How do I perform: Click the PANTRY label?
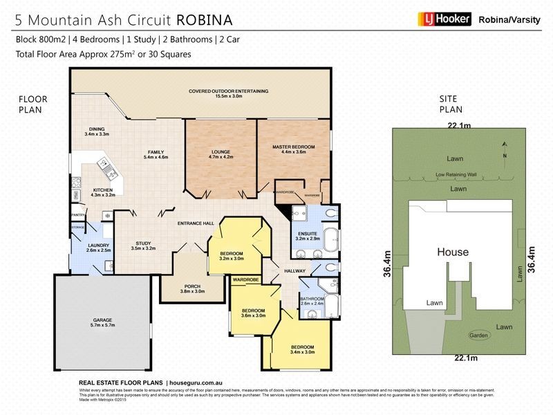click(77, 216)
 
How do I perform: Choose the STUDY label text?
click(143, 242)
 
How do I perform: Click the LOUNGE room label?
click(221, 151)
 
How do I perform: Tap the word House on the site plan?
click(451, 252)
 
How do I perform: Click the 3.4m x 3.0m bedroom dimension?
click(303, 352)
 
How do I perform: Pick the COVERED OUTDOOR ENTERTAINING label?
click(228, 91)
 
